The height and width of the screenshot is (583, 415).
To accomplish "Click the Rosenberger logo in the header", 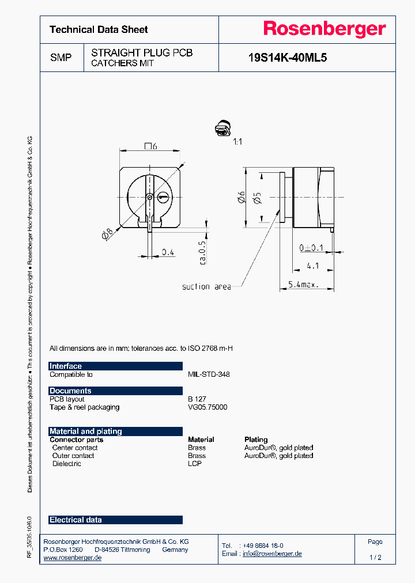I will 324,29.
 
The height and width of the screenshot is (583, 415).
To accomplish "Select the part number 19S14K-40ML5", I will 287,58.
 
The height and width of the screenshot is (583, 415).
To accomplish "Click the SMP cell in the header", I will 61,58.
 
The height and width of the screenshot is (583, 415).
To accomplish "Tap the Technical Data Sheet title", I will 99,29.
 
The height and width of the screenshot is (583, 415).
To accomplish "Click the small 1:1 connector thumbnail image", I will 221,130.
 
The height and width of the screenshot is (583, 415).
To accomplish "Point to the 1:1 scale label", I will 237,141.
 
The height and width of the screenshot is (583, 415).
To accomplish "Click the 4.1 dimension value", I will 313,266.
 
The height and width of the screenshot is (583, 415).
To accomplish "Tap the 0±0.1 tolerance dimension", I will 311,248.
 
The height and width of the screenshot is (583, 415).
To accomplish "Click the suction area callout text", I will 206,286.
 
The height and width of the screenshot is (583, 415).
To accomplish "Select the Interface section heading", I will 66,366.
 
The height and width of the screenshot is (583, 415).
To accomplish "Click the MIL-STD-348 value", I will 209,374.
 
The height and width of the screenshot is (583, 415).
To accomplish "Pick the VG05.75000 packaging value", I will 207,407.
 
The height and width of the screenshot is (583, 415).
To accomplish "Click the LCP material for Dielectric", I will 195,464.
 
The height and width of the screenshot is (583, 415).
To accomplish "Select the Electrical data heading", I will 76,520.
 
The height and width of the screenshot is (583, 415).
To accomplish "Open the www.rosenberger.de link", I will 73,558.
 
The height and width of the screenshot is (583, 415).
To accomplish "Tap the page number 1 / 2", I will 375,558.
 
